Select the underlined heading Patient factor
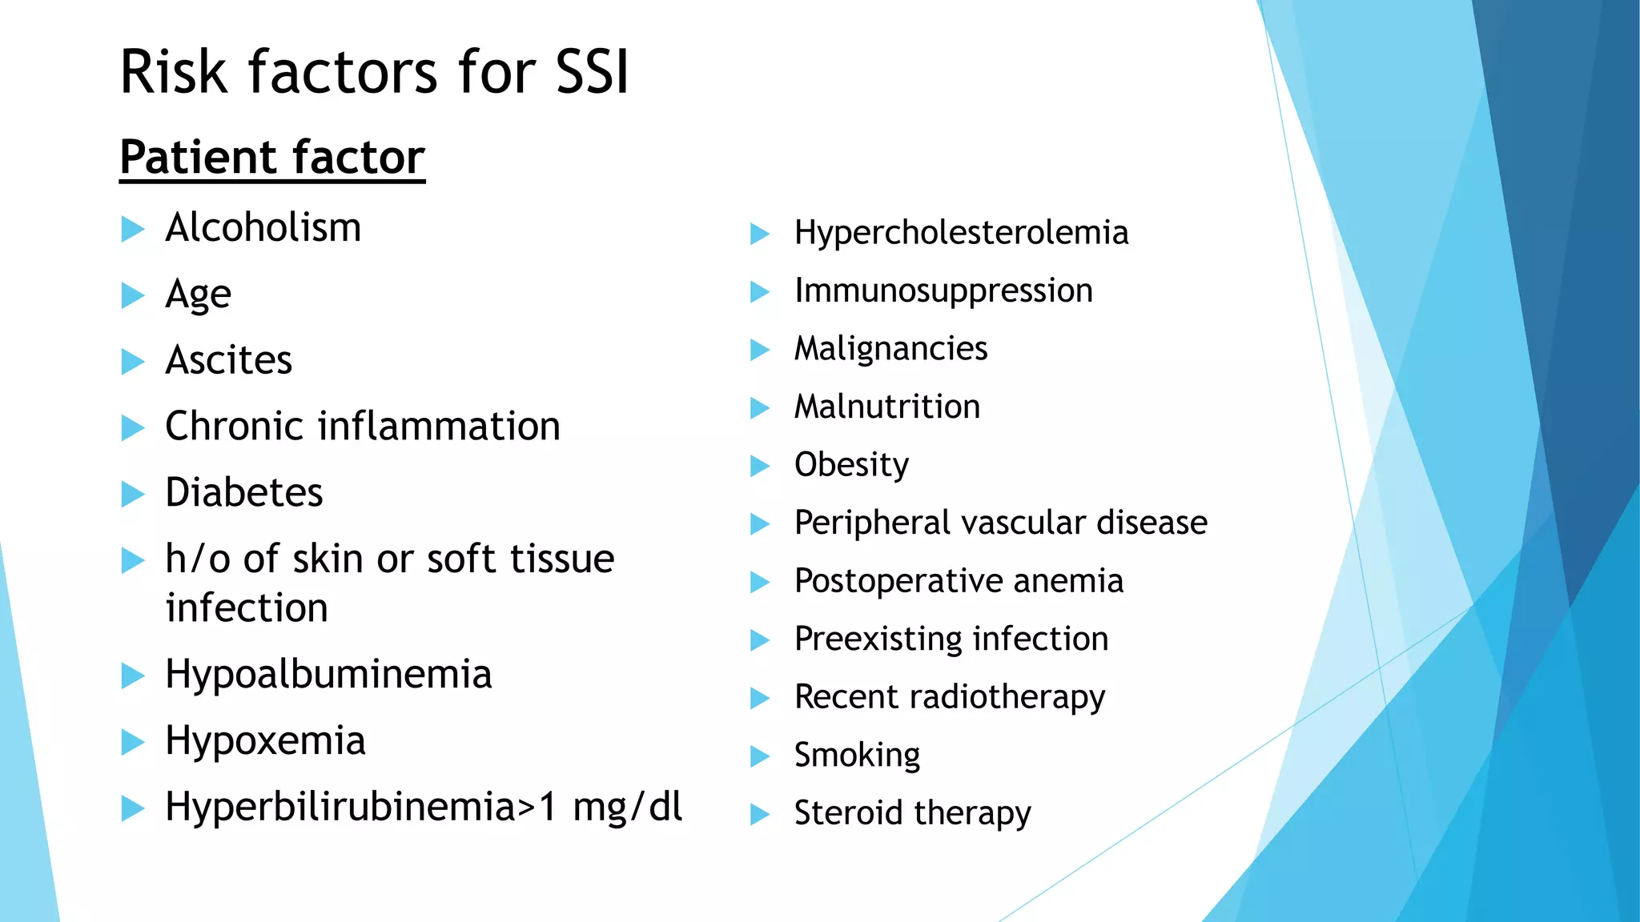pos(271,157)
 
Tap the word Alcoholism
pos(263,227)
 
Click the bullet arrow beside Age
pos(132,295)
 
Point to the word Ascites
pos(228,360)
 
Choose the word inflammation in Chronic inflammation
pos(439,426)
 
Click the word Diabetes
pos(243,492)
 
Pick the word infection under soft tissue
pos(247,608)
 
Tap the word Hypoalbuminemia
pos(328,674)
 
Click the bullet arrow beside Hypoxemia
pos(132,742)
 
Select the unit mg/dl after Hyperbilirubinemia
pos(627,807)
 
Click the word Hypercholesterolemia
pos(961,233)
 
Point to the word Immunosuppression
pos(943,291)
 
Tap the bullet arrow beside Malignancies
pos(759,350)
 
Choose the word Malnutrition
pos(886,407)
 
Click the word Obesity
pos(851,465)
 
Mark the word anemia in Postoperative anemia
pos(1067,581)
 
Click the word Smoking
pos(857,755)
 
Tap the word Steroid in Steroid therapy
pos(849,813)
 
